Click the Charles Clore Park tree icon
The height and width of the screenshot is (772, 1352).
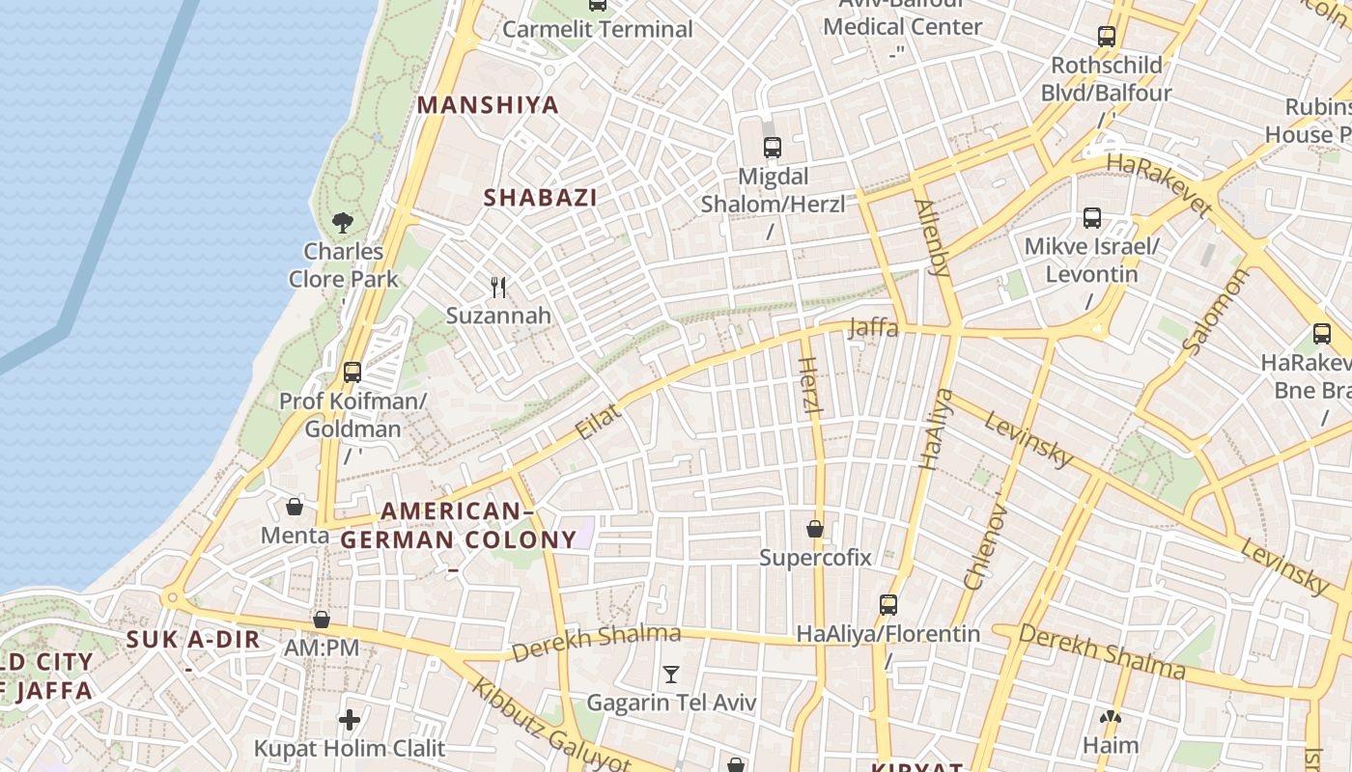pos(342,223)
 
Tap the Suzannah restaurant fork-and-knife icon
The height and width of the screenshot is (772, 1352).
pos(498,287)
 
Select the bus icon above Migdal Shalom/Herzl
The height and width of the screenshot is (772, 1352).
pos(773,148)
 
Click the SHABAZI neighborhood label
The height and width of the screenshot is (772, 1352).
pos(540,198)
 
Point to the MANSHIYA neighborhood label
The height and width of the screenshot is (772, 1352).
pos(488,105)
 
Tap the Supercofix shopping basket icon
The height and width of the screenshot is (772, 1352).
pos(815,529)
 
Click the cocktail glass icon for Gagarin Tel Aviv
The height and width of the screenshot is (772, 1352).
pos(671,674)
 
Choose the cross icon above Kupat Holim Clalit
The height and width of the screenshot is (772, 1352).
pos(350,720)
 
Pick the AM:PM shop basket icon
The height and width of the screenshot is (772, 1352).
pos(322,620)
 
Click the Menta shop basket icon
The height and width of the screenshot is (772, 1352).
pos(295,507)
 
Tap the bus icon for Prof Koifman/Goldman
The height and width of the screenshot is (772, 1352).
pos(352,372)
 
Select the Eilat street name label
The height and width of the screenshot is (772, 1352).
pos(598,422)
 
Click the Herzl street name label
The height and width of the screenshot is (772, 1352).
pos(810,387)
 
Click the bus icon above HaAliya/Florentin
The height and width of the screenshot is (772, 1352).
pos(888,605)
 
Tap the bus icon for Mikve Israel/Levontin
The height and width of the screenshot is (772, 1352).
pos(1092,218)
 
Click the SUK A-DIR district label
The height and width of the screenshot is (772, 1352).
pos(193,639)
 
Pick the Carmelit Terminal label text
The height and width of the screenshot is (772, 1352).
pos(598,29)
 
